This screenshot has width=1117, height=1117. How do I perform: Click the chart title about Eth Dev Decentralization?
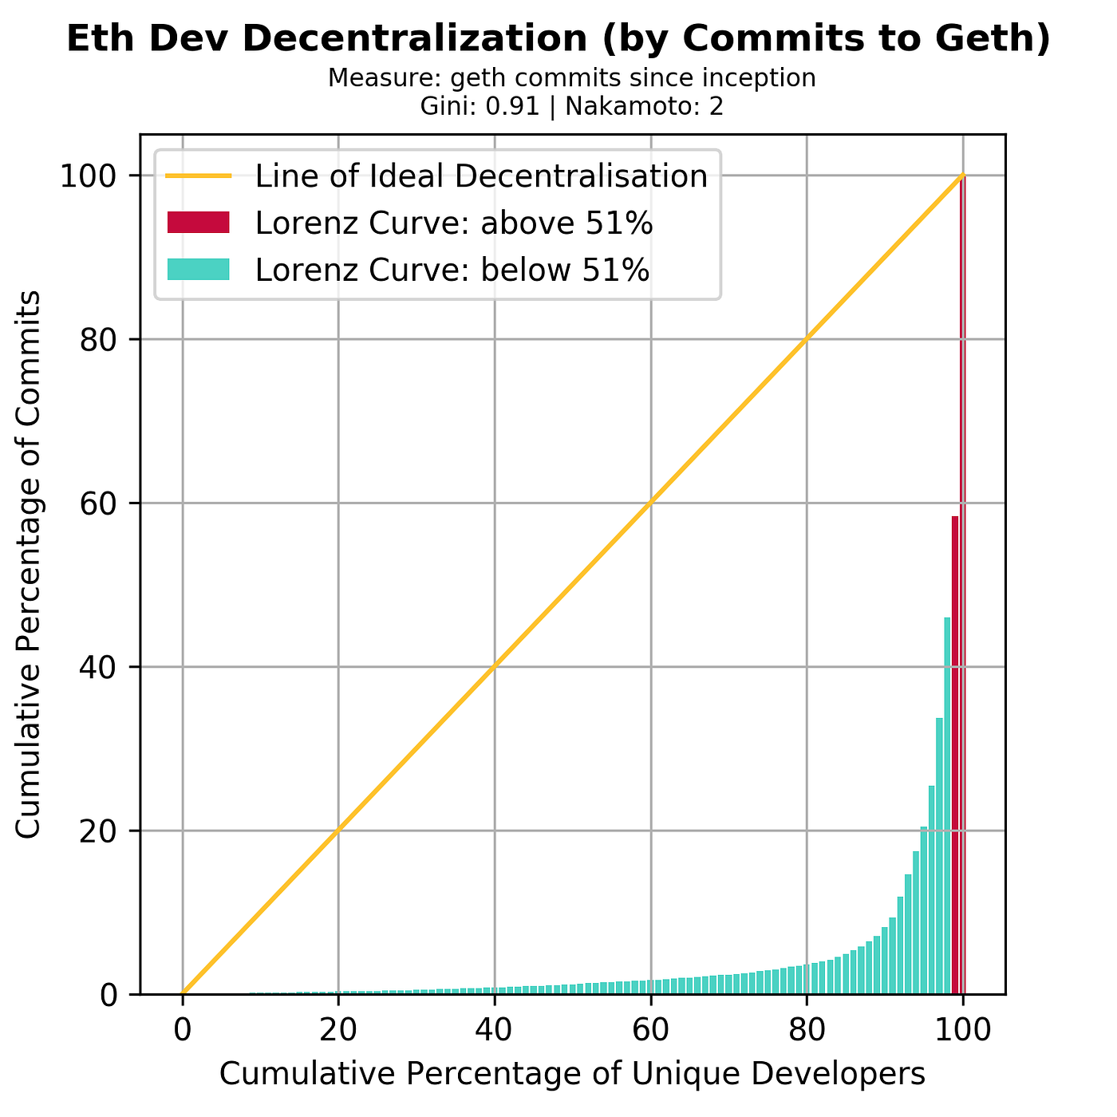pyautogui.click(x=558, y=40)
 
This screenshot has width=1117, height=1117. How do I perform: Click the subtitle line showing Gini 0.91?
pyautogui.click(x=571, y=106)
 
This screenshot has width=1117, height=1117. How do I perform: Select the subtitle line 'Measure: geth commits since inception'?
pyautogui.click(x=571, y=78)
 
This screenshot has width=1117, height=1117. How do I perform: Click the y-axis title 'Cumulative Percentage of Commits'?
pyautogui.click(x=29, y=564)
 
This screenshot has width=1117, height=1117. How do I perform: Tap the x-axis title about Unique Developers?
pyautogui.click(x=572, y=1074)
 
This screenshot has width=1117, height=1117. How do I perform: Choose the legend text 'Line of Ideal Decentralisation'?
pyautogui.click(x=481, y=176)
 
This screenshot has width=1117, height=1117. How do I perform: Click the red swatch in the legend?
pyautogui.click(x=198, y=223)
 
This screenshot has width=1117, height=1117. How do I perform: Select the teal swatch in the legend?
pyautogui.click(x=198, y=270)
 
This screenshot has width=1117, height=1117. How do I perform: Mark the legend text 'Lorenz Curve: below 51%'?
pyautogui.click(x=452, y=270)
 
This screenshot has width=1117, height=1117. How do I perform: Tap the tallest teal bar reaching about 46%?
pyautogui.click(x=947, y=806)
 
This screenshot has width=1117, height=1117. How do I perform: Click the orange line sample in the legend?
pyautogui.click(x=198, y=176)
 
